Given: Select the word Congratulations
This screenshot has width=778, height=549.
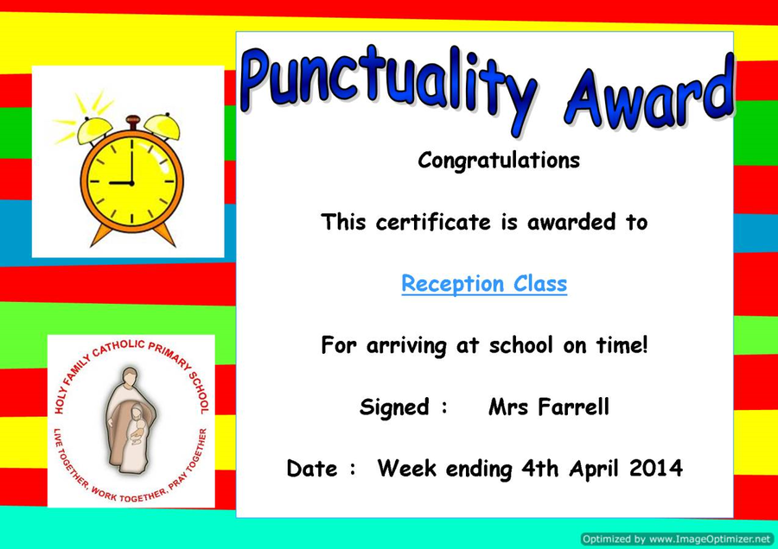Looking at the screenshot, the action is (499, 161).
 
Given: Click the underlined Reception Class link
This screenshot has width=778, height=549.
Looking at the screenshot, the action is (484, 284).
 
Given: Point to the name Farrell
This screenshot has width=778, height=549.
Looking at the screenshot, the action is (574, 407).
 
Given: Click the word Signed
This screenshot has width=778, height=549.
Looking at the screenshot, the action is (394, 407).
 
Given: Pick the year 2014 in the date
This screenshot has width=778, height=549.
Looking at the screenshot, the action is (656, 468).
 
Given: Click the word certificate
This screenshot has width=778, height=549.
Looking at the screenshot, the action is (433, 222).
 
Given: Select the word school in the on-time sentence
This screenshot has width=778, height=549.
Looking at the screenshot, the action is (520, 345).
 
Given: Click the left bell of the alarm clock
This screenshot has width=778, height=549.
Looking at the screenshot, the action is (94, 129).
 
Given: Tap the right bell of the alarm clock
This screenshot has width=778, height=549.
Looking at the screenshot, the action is (163, 126).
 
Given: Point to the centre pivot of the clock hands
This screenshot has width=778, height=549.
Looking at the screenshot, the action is (132, 183).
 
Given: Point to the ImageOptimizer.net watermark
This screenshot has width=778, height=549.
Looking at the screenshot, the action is (677, 539).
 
